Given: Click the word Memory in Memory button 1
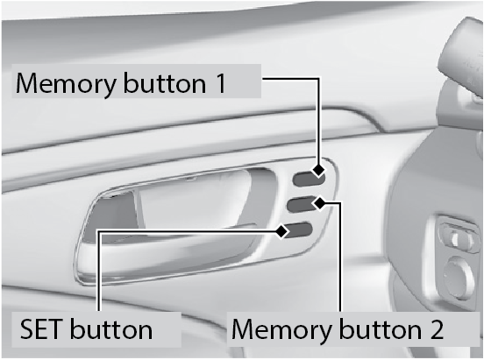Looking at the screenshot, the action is click(x=66, y=84).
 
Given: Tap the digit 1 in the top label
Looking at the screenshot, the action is click(x=221, y=83).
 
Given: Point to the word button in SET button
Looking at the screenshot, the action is click(x=111, y=328).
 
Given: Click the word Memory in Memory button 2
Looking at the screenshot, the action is click(x=281, y=330).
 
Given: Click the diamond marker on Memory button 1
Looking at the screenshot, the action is click(x=318, y=170).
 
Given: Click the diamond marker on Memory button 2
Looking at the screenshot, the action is click(x=320, y=203).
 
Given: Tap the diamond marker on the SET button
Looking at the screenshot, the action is click(x=281, y=231).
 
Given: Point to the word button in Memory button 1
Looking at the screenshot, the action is click(x=165, y=82).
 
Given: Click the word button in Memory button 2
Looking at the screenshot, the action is click(x=380, y=328).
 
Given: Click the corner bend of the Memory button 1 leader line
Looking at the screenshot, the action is click(x=318, y=79).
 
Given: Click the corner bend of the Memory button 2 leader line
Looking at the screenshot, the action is click(x=340, y=203).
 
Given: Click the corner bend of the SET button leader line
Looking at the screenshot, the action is click(x=99, y=231).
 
